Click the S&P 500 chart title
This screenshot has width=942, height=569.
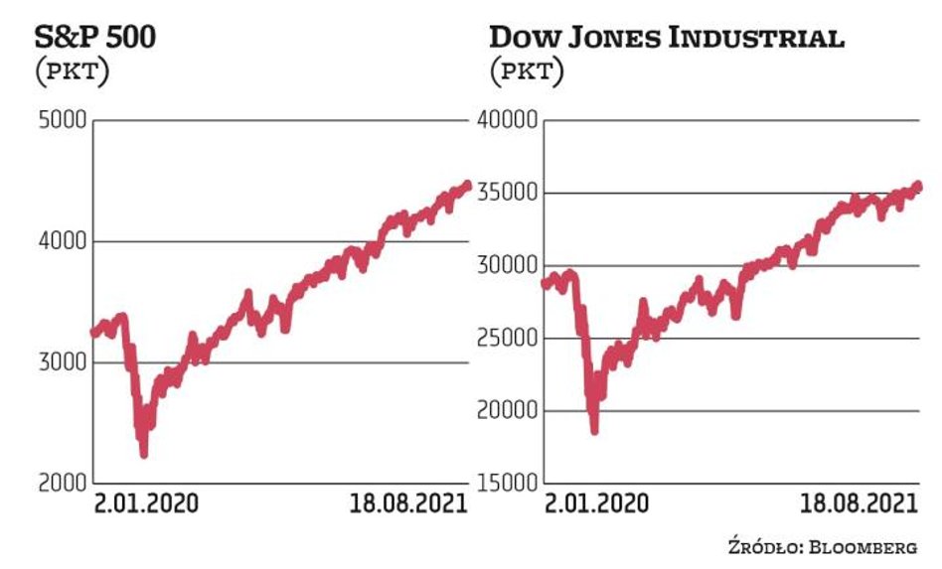[x=95, y=39]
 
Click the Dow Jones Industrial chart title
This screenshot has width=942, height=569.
[x=667, y=39]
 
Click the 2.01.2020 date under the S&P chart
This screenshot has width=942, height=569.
[x=146, y=503]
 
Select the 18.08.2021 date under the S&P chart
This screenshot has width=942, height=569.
[x=408, y=503]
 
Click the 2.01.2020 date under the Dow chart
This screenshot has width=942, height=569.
[x=596, y=503]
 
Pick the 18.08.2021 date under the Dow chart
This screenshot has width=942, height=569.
[x=859, y=503]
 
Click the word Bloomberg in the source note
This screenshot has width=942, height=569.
[x=867, y=544]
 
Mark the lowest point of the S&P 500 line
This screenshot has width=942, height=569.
[x=144, y=454]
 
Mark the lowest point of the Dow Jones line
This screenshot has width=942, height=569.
[x=594, y=430]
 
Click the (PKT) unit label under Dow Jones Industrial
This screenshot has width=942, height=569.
[x=527, y=71]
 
